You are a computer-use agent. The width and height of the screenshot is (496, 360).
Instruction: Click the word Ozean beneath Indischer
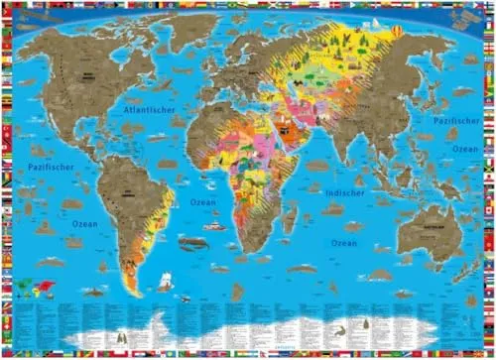pos(344,242)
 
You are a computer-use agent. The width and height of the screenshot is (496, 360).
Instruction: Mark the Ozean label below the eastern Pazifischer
pos(465,148)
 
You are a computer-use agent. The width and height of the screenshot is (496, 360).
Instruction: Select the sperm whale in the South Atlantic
pos(189,241)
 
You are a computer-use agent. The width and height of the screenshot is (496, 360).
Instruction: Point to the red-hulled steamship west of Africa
pos(214,226)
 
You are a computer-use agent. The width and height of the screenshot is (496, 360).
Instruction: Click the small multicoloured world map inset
pos(39,289)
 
